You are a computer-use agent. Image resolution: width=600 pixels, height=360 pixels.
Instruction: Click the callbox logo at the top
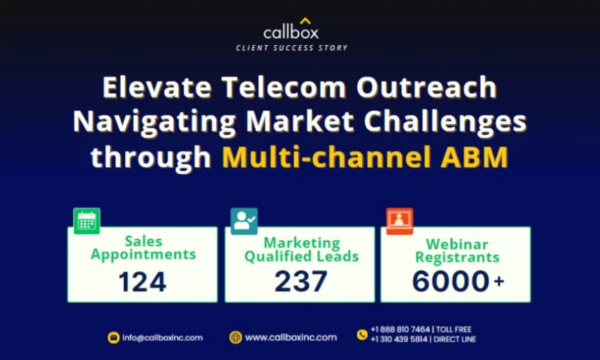pyautogui.click(x=292, y=30)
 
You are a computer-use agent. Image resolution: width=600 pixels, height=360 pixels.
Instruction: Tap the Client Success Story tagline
pyautogui.click(x=292, y=47)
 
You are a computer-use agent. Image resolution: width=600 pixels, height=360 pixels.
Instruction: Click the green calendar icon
pyautogui.click(x=87, y=220)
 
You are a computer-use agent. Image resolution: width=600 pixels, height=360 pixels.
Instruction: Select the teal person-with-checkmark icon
pyautogui.click(x=244, y=220)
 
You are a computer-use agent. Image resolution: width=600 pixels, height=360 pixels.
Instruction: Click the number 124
pyautogui.click(x=142, y=281)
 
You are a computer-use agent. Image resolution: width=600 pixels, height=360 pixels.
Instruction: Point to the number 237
pyautogui.click(x=301, y=281)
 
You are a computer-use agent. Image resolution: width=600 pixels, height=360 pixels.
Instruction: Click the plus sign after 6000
pyautogui.click(x=498, y=281)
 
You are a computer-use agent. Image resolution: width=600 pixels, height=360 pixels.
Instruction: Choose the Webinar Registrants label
pyautogui.click(x=457, y=250)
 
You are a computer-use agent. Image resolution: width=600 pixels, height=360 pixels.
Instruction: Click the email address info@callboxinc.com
pyautogui.click(x=162, y=337)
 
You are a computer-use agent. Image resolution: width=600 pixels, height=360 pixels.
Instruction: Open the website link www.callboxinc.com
pyautogui.click(x=290, y=337)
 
